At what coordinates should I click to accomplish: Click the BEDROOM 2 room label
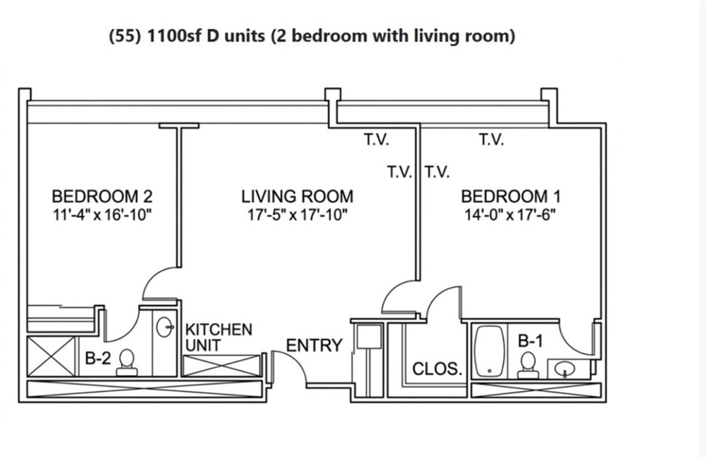[x=102, y=196]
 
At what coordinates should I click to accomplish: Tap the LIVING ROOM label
[x=297, y=196]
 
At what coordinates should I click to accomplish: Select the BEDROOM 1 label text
[x=511, y=196]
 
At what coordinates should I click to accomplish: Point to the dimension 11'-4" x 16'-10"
[x=102, y=215]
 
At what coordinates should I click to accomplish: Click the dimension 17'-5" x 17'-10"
[x=297, y=215]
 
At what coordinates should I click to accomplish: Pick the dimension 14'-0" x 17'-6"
[x=510, y=215]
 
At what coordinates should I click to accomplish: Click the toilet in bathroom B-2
[x=127, y=362]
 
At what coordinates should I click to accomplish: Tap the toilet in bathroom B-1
[x=527, y=365]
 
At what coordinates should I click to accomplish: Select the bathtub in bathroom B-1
[x=490, y=351]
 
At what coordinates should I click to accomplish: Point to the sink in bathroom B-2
[x=165, y=326]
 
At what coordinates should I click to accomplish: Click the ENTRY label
[x=315, y=345]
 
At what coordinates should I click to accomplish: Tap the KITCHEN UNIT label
[x=219, y=338]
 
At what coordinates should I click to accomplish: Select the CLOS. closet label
[x=437, y=369]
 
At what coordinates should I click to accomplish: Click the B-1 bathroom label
[x=531, y=340]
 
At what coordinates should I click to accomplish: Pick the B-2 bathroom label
[x=98, y=358]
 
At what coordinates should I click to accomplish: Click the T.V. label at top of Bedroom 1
[x=491, y=140]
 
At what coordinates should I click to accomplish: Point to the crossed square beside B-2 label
[x=51, y=356]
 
